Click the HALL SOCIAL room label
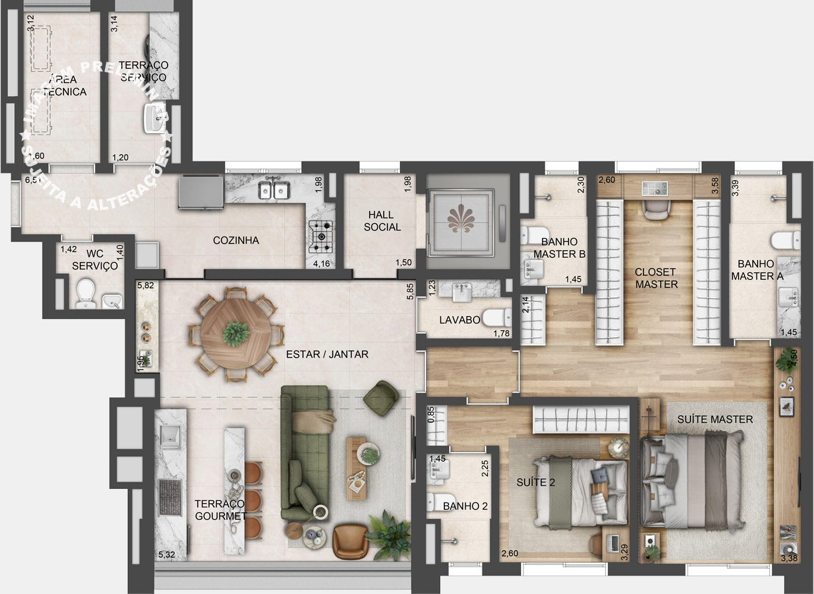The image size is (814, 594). (x=382, y=221)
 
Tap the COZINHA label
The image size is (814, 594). (x=236, y=241)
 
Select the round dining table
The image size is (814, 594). (x=236, y=334)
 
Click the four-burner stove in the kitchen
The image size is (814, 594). (x=321, y=234)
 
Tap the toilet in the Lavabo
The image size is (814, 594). (x=495, y=318)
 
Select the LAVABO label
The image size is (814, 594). (x=459, y=320)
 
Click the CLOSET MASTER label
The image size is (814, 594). (x=656, y=279)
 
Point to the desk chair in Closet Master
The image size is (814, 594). (x=656, y=209)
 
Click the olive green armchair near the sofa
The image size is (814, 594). (x=381, y=397)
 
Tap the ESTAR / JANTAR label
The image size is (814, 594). (x=327, y=355)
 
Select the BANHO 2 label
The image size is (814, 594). (x=465, y=506)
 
